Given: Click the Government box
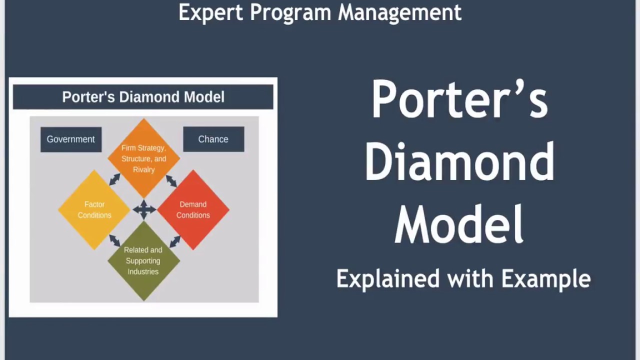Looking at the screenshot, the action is click(71, 139).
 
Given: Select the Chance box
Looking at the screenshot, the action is click(213, 139).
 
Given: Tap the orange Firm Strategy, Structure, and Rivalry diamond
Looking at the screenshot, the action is click(144, 158).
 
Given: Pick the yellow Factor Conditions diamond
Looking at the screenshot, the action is click(94, 209).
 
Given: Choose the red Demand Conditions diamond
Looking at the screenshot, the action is click(193, 209).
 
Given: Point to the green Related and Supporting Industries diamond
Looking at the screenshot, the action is click(143, 260).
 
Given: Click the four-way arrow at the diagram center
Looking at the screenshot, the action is click(144, 209).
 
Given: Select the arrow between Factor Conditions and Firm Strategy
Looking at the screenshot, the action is click(114, 179).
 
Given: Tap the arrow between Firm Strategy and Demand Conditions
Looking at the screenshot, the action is click(171, 180).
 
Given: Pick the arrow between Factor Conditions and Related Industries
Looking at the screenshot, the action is click(114, 240).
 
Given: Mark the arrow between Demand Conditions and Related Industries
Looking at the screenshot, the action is click(174, 241).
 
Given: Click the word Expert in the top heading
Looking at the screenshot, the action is click(210, 12).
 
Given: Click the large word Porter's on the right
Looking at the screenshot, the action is click(459, 99).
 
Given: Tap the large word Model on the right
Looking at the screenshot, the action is click(459, 225).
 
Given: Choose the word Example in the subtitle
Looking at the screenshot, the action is click(546, 278).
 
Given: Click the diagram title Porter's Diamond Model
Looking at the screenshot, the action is click(143, 97).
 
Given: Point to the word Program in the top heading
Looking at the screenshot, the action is click(290, 12).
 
